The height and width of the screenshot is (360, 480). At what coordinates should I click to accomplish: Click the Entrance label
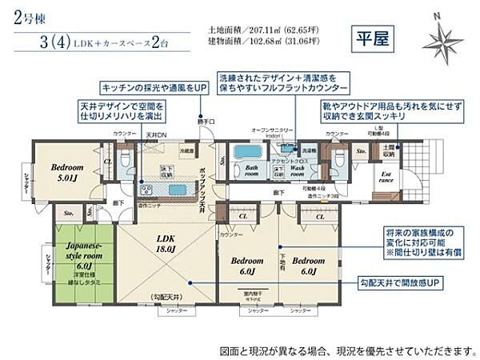[x=385, y=177]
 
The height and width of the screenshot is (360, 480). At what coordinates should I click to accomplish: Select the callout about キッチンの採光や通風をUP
[x=147, y=86]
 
